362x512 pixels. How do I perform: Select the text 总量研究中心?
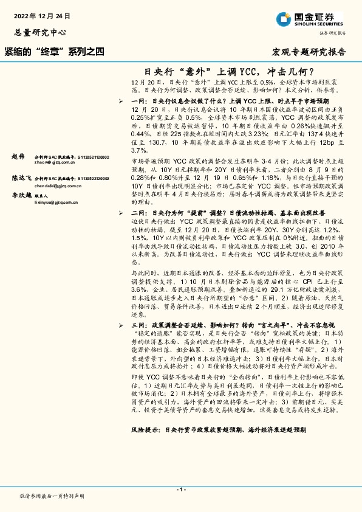[39, 32]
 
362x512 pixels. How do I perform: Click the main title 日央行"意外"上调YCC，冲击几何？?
[233, 71]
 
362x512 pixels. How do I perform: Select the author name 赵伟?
[18, 157]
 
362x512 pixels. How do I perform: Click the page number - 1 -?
[180, 489]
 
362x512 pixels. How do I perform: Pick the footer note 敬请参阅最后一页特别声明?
[52, 496]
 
